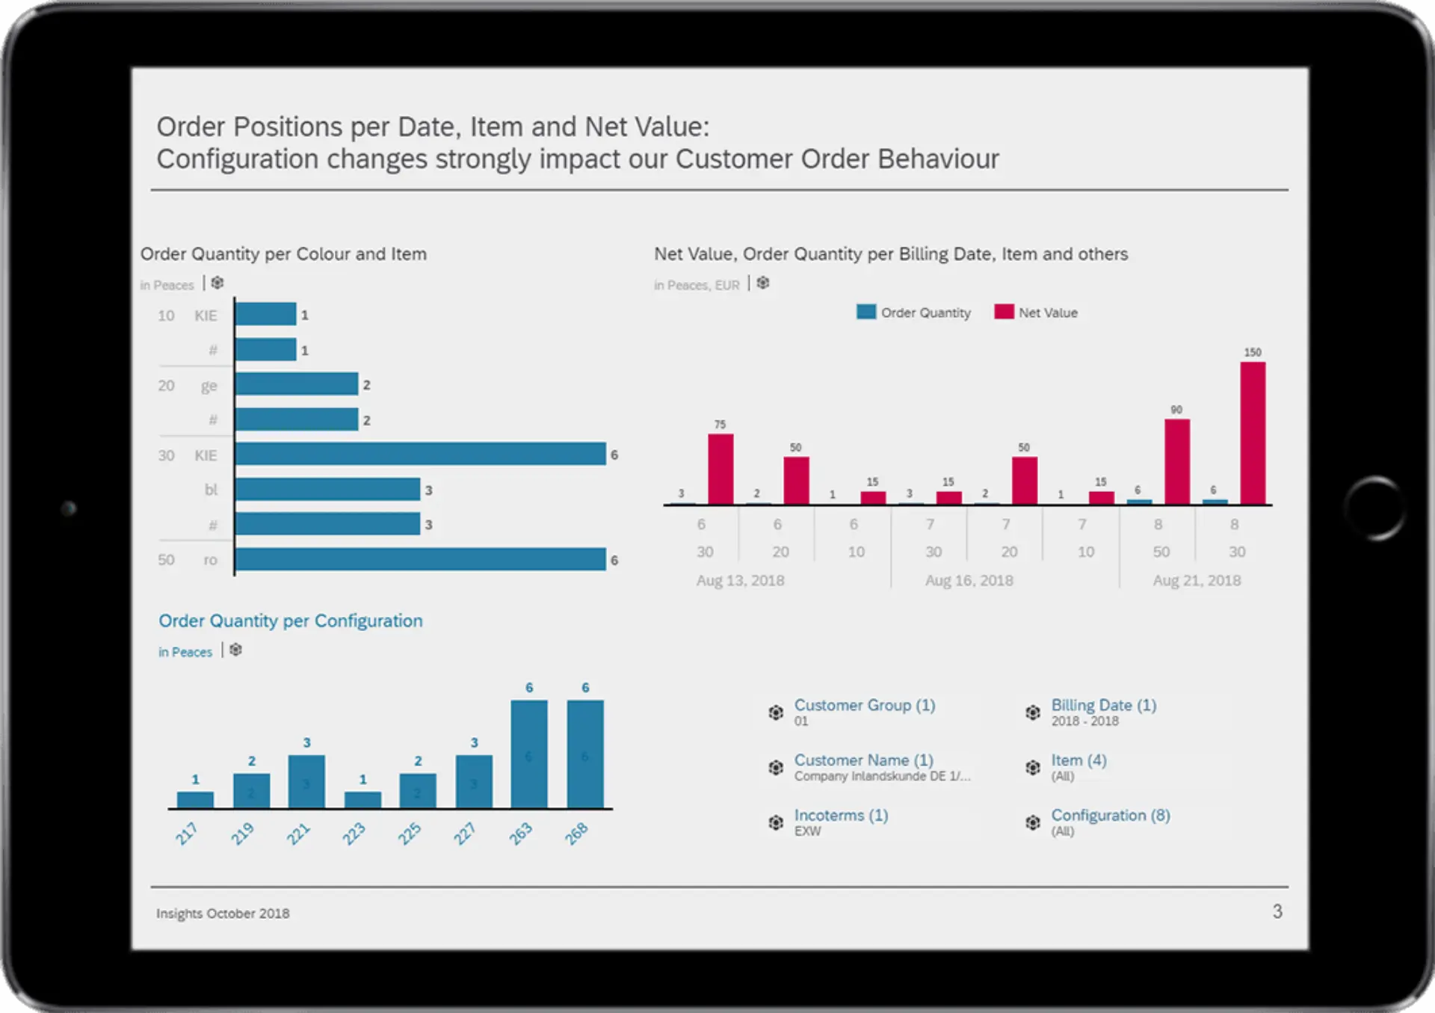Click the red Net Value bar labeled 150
click(x=1253, y=433)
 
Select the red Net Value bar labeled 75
click(x=720, y=469)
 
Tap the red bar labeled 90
click(x=1176, y=461)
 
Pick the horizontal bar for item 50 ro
click(x=420, y=559)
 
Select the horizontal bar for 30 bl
click(x=327, y=490)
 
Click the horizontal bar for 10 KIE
click(x=265, y=315)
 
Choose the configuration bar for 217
click(x=195, y=799)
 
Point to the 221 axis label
click(x=298, y=833)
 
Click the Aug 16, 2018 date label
click(x=969, y=580)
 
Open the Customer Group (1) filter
click(x=864, y=705)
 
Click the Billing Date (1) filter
click(x=1103, y=705)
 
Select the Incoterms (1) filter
click(x=841, y=815)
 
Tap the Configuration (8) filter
click(x=1110, y=815)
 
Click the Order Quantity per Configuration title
click(x=290, y=621)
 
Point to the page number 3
click(x=1277, y=911)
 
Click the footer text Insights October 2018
click(x=223, y=913)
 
